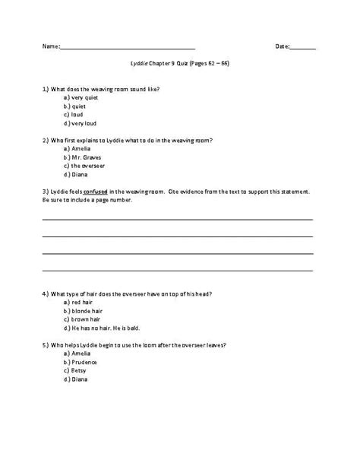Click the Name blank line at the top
coord(127,49)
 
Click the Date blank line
coord(303,49)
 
